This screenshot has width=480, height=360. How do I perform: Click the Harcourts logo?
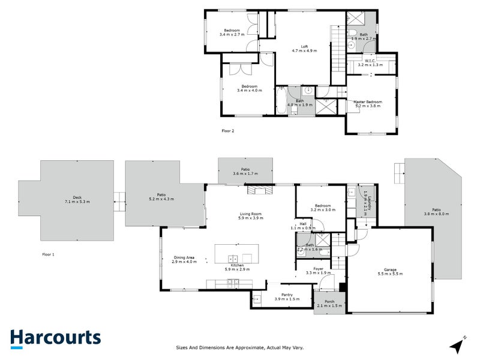(x=55, y=338)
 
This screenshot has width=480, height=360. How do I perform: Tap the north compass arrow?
(x=458, y=346)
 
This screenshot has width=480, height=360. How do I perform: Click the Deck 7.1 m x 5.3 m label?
(x=77, y=199)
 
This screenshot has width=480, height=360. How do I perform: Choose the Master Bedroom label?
(x=367, y=104)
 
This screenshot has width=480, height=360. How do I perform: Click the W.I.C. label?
(x=369, y=61)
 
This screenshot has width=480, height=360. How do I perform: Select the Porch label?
(x=329, y=304)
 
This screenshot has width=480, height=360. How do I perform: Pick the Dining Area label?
(x=184, y=260)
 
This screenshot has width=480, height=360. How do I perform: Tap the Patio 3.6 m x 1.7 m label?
(x=245, y=172)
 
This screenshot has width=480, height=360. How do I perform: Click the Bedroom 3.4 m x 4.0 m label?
(x=249, y=88)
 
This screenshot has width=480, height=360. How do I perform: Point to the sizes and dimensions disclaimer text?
(x=240, y=347)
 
